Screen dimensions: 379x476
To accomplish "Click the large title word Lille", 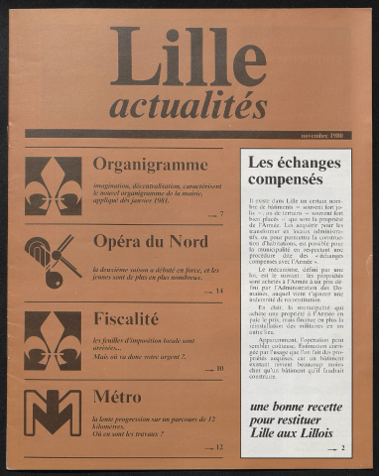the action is tap(189, 58).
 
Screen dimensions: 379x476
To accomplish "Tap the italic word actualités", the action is tap(188, 105).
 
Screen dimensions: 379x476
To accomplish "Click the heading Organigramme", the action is tap(151, 164).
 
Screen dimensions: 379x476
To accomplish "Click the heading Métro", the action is tap(117, 396).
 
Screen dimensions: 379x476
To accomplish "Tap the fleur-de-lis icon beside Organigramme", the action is tap(54, 185).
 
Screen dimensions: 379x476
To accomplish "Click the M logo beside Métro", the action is tap(54, 413).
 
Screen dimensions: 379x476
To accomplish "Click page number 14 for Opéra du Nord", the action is tap(219, 292).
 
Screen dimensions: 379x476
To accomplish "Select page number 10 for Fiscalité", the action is tap(219, 369).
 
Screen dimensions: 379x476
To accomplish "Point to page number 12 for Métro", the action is tap(219, 447).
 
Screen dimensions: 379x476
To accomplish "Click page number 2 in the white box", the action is tap(342, 448).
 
